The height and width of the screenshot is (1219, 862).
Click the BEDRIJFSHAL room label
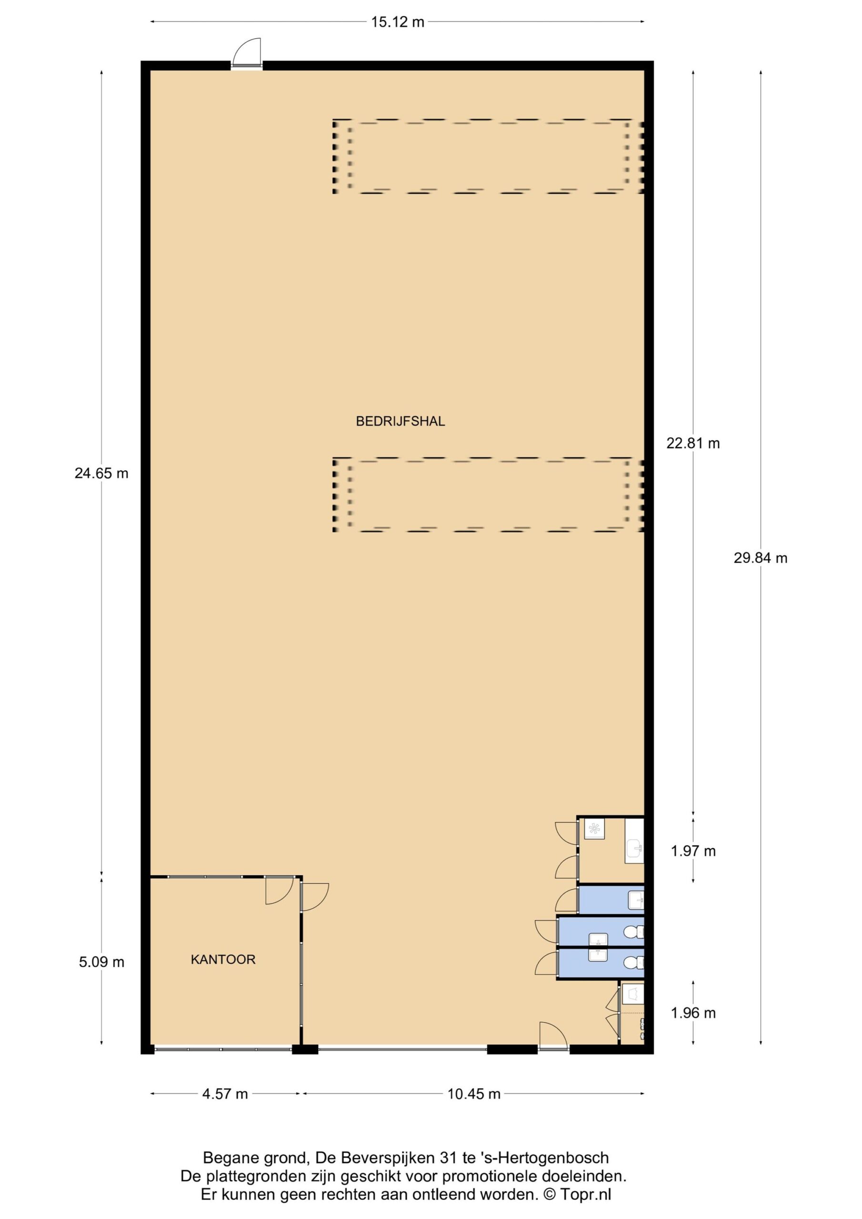pyautogui.click(x=400, y=421)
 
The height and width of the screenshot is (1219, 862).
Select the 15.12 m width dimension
pyautogui.click(x=397, y=22)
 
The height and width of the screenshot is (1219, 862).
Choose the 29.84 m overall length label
pyautogui.click(x=761, y=558)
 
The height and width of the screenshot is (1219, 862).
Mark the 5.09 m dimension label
pyautogui.click(x=101, y=961)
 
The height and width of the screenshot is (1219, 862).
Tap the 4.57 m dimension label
pyautogui.click(x=225, y=1094)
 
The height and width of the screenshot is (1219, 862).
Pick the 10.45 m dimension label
pyautogui.click(x=474, y=1094)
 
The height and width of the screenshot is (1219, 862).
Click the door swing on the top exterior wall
pyautogui.click(x=248, y=52)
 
